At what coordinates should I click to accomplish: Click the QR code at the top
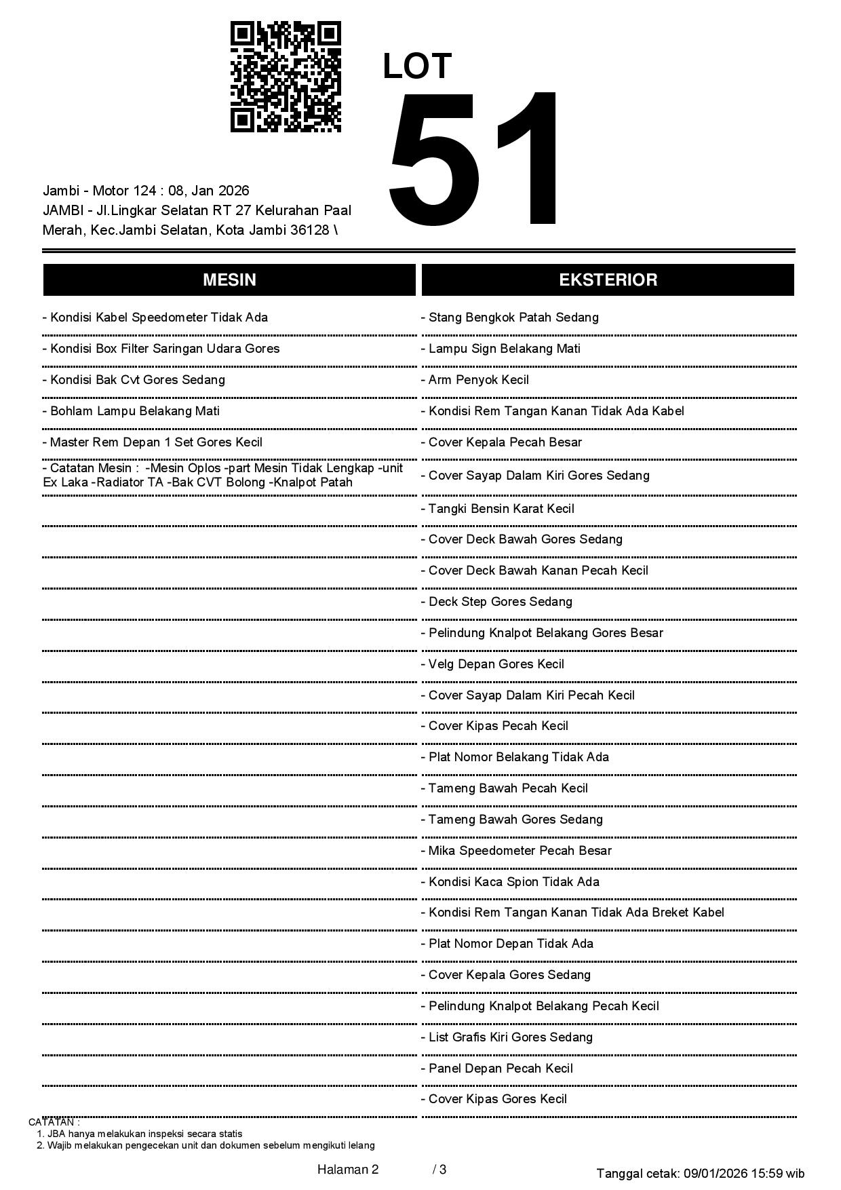[286, 77]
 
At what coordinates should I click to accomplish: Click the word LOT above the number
[417, 66]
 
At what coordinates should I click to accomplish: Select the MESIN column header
[229, 280]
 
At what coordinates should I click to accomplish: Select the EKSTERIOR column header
[608, 280]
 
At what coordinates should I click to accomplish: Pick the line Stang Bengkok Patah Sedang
[513, 318]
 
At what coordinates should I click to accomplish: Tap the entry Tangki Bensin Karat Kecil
[501, 509]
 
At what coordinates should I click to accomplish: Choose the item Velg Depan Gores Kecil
[496, 664]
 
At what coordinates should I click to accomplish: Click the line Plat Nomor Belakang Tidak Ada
[518, 757]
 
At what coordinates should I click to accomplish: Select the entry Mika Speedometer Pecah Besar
[520, 851]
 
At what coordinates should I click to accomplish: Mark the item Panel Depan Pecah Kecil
[501, 1069]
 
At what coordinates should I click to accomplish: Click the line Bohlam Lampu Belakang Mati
[134, 411]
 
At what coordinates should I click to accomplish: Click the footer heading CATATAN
[54, 1122]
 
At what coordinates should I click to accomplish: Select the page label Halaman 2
[348, 1170]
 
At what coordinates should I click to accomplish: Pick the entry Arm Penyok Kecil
[478, 380]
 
